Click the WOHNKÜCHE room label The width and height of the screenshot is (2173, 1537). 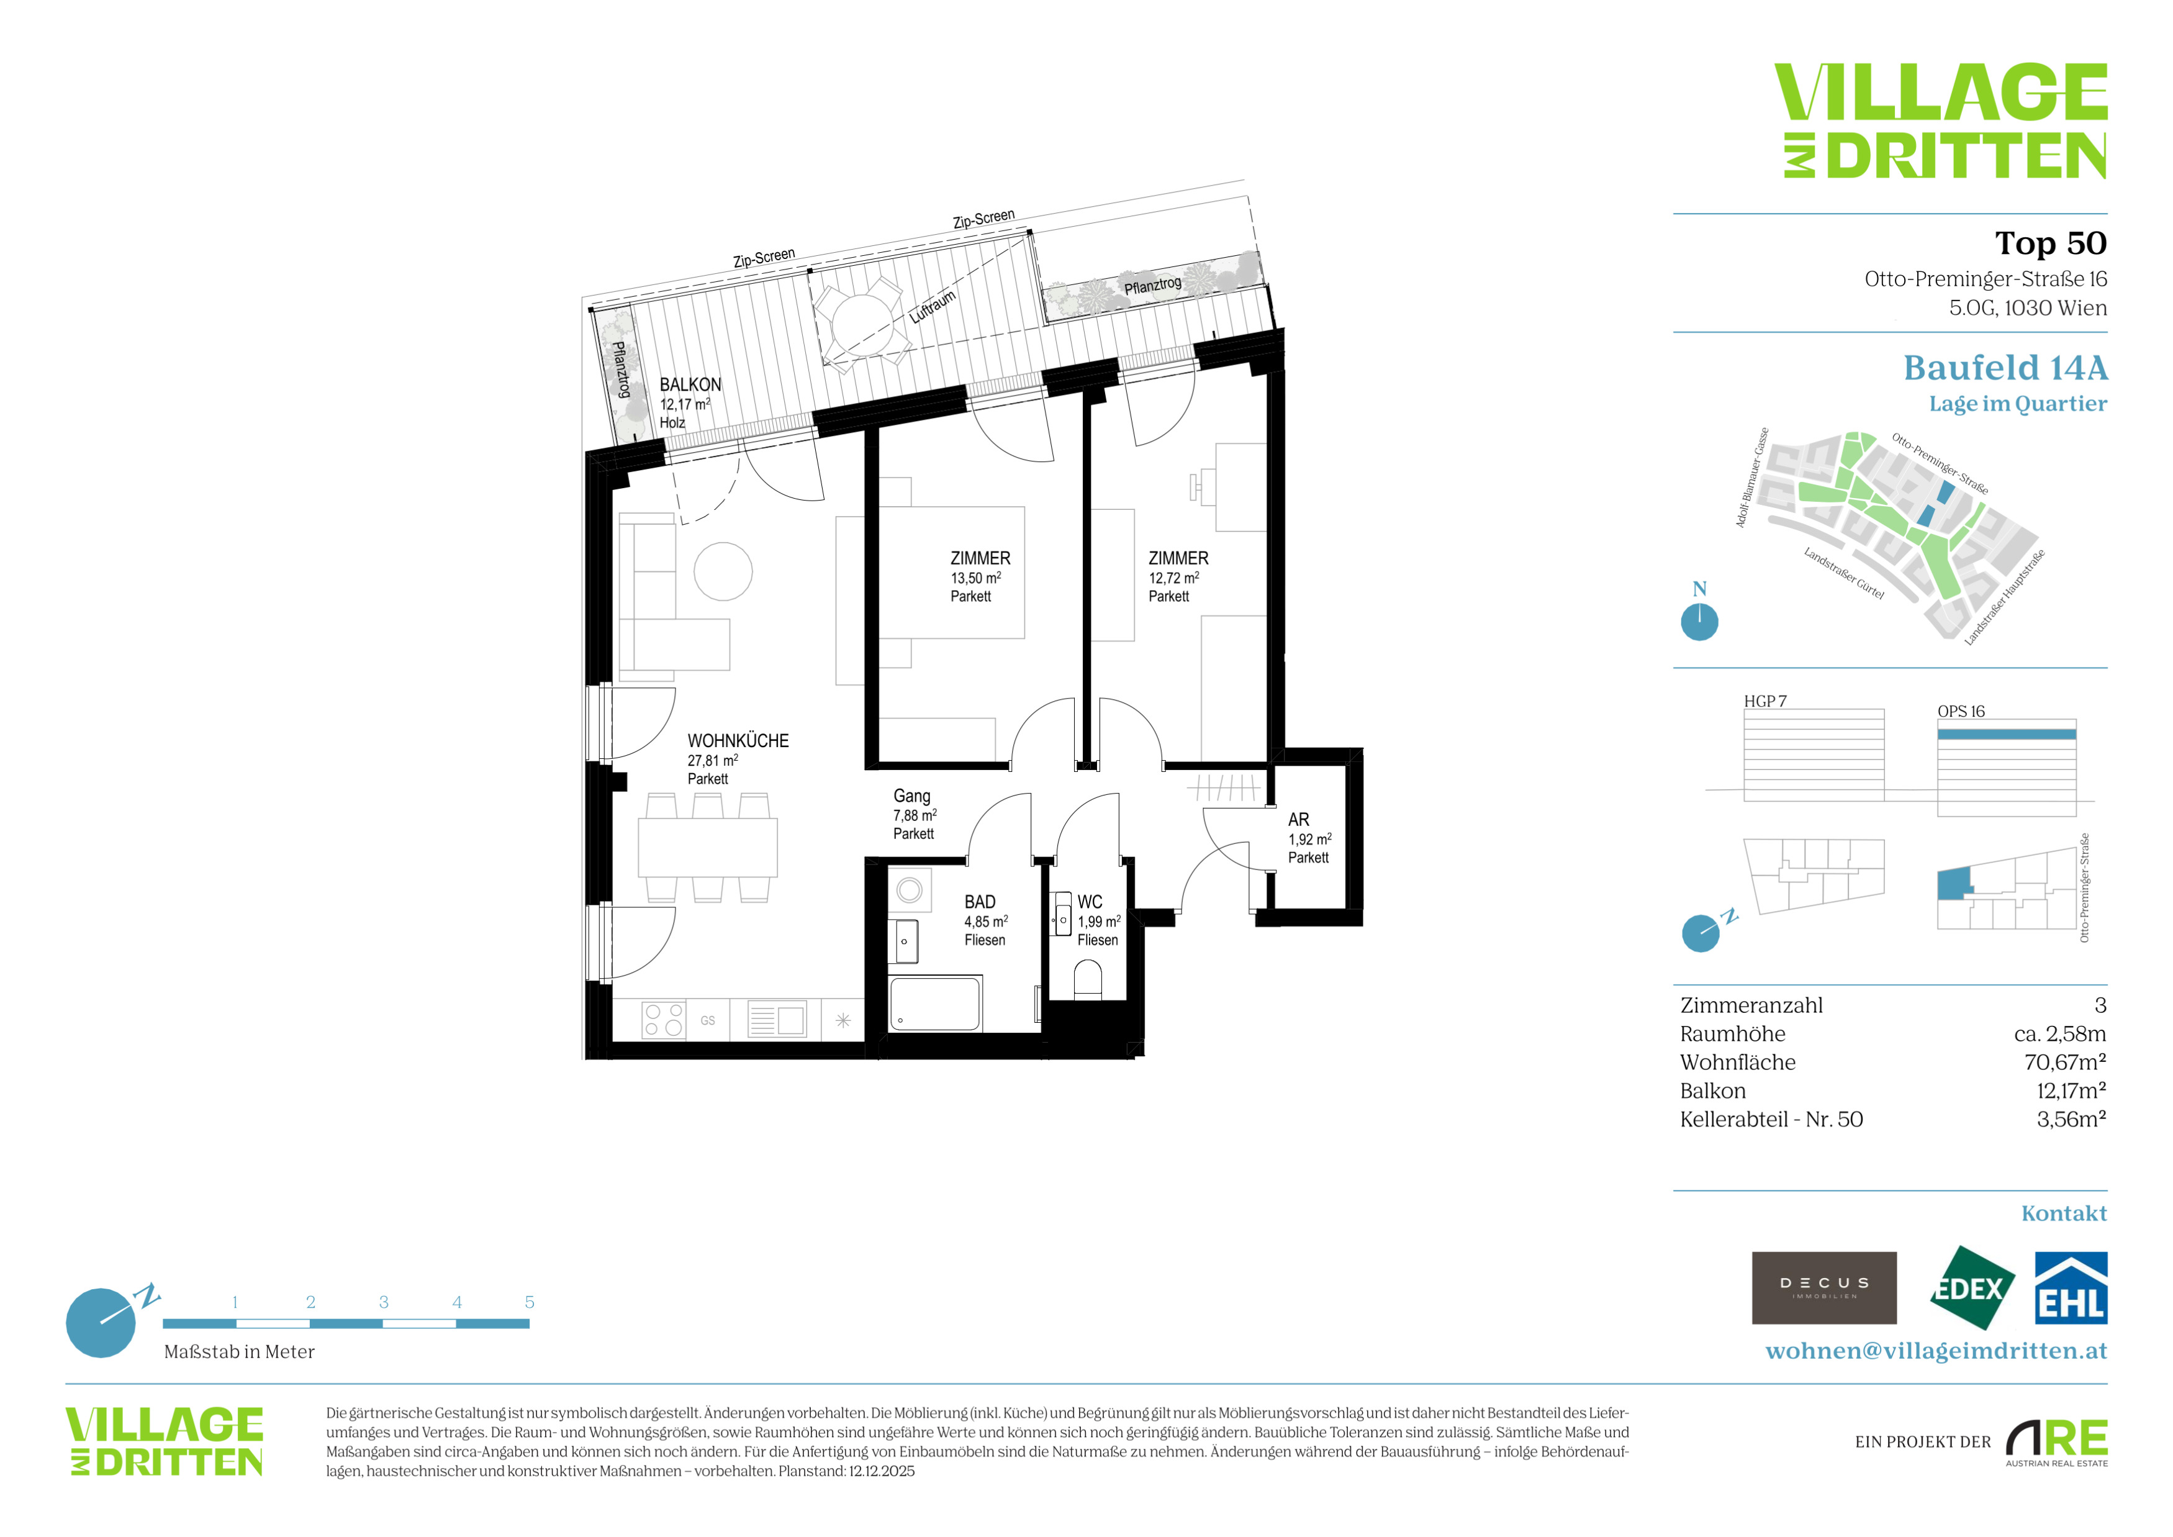[738, 741]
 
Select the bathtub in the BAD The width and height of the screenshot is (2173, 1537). [935, 1003]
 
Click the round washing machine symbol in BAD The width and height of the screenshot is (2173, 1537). [910, 890]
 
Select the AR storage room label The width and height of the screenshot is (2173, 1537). [1298, 820]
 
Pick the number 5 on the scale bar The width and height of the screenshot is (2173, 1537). [529, 1302]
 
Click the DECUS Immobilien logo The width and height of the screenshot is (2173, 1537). [1824, 1288]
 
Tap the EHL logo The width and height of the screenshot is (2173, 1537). [2071, 1288]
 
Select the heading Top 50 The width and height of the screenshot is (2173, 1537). [2051, 243]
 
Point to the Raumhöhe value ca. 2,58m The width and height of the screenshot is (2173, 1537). [2059, 1033]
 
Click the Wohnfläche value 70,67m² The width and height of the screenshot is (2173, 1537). [2065, 1062]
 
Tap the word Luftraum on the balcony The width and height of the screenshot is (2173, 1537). [933, 307]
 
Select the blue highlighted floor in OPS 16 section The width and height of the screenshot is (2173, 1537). [2007, 733]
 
